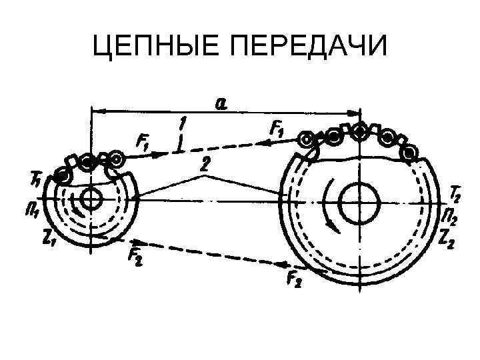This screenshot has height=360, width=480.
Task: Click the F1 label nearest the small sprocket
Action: (144, 141)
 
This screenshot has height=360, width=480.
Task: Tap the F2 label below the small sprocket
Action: (135, 257)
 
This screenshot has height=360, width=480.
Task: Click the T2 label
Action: (455, 194)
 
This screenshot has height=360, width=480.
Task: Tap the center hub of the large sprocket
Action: (361, 199)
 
